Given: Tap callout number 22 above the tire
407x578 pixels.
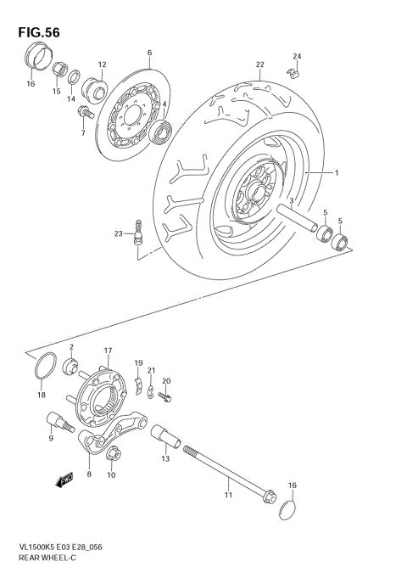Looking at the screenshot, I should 260,65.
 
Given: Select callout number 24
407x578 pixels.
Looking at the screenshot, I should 297,57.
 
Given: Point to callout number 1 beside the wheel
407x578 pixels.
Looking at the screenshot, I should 336,173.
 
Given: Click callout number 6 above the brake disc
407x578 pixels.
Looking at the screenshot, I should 149,53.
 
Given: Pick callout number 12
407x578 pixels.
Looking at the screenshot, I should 102,65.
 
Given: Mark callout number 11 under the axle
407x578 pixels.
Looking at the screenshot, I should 227,493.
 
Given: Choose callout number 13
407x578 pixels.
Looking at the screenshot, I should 165,458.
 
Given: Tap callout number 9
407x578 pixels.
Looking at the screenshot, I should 51,438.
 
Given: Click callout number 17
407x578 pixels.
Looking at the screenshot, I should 108,350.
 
